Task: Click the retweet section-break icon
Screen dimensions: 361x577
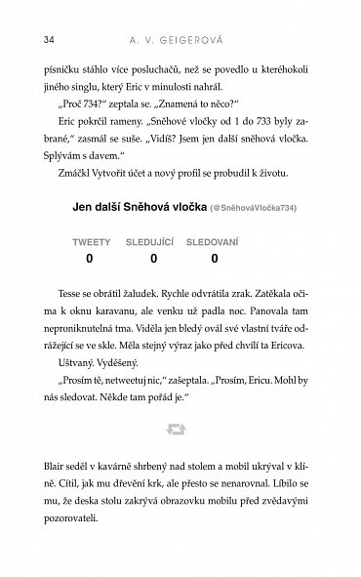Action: (180, 456)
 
